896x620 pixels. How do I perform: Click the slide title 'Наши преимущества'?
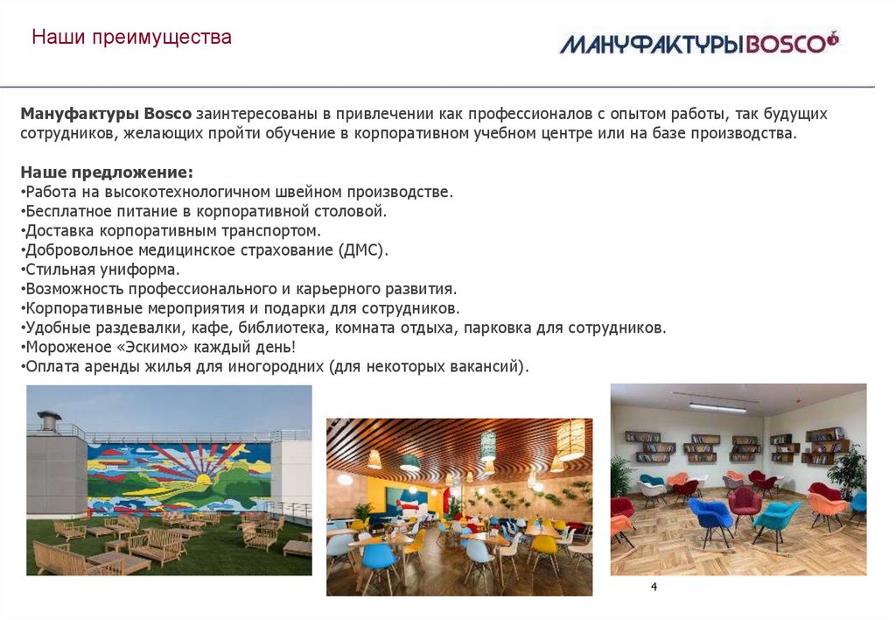pos(131,39)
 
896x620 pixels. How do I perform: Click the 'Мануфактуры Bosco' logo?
pos(698,42)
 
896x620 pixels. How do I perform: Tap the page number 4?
pos(654,586)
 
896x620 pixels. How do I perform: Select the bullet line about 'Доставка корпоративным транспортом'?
pos(172,230)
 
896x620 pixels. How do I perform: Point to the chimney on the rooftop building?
pos(48,419)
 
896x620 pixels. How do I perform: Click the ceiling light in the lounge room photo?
pos(717,406)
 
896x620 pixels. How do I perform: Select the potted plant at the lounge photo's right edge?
pos(848,474)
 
